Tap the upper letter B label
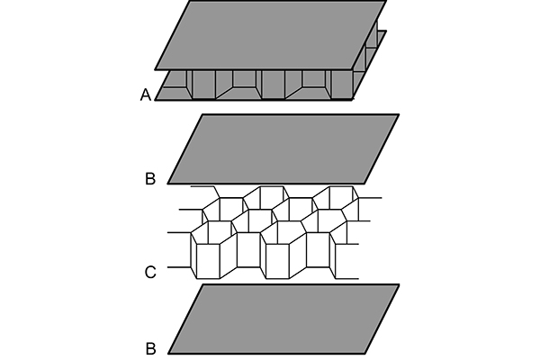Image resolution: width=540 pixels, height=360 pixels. pyautogui.click(x=149, y=178)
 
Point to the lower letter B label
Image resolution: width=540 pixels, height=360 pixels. pyautogui.click(x=149, y=346)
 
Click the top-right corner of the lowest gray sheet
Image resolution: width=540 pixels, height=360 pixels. pyautogui.click(x=398, y=285)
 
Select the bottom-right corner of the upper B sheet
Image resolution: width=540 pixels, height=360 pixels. pyautogui.click(x=364, y=184)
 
